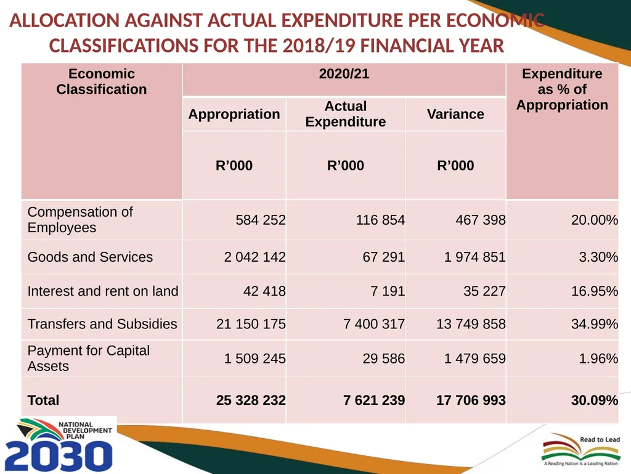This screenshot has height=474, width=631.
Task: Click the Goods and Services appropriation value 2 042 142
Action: pos(254,257)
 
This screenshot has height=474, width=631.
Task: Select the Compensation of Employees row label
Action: pos(80,220)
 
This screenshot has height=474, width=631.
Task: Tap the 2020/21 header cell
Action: pos(344,74)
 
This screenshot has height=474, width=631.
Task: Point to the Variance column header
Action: pos(455,114)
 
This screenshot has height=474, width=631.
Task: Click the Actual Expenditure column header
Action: pos(346,114)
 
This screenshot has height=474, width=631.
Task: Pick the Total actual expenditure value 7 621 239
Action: pos(374,400)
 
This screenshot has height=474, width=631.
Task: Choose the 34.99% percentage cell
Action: pos(595,323)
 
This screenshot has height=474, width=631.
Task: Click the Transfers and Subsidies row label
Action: pos(102,323)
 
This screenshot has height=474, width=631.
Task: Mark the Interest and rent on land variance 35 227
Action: pos(484,291)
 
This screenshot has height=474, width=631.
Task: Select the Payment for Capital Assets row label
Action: pos(89,359)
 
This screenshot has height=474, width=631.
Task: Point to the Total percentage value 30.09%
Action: pos(595,400)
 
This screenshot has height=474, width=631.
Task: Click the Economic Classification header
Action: pos(102,81)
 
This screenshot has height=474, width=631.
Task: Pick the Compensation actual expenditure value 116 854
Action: pos(380,220)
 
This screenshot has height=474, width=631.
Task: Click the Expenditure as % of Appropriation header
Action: pos(562,89)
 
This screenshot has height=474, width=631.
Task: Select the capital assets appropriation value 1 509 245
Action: pos(254,359)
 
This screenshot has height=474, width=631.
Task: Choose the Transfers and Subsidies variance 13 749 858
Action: pos(471,323)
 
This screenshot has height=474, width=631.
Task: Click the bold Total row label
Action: pos(43,400)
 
